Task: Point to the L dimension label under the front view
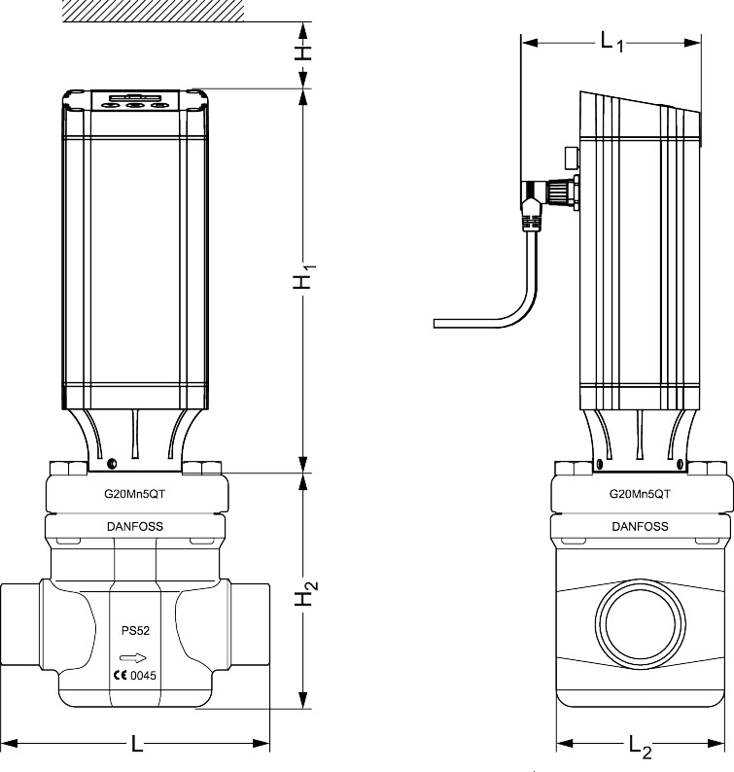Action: [x=137, y=745]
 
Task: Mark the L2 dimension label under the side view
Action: [x=640, y=747]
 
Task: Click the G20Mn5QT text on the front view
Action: [x=135, y=494]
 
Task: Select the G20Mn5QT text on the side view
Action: [x=640, y=494]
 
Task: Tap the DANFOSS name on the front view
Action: [x=135, y=527]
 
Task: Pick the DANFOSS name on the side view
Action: [x=640, y=527]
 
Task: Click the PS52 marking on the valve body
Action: [x=135, y=630]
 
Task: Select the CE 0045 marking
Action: [x=135, y=676]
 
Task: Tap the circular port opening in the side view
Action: [x=640, y=629]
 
